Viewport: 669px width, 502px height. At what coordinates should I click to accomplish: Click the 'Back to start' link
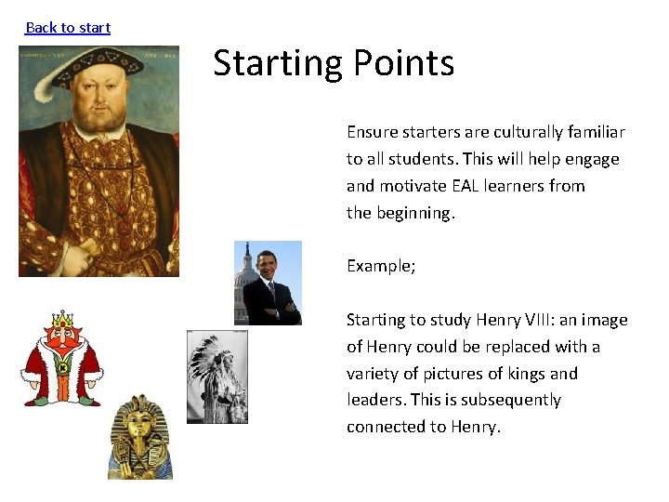click(68, 28)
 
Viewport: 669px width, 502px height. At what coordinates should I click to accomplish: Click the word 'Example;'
click(381, 266)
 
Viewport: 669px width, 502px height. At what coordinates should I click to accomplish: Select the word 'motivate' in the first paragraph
click(410, 186)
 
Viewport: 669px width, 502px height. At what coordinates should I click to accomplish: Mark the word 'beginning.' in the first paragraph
click(415, 213)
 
